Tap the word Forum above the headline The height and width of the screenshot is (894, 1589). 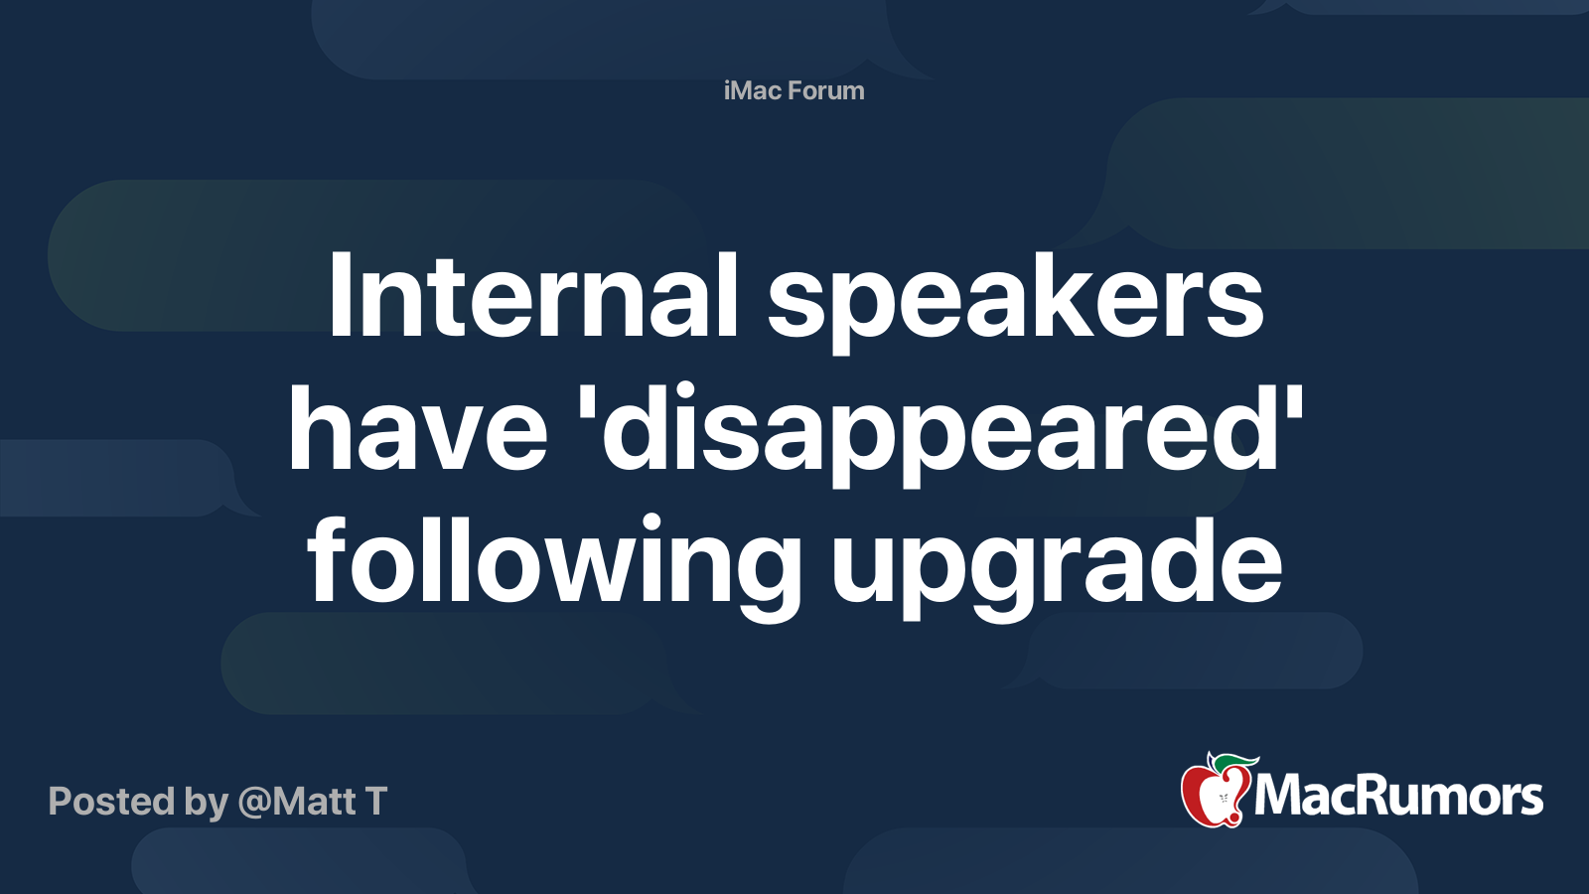tap(826, 91)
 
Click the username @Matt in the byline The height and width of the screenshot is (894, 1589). tap(297, 802)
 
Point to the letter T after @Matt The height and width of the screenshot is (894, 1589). tap(375, 802)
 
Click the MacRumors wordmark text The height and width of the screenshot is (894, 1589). tap(1398, 797)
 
